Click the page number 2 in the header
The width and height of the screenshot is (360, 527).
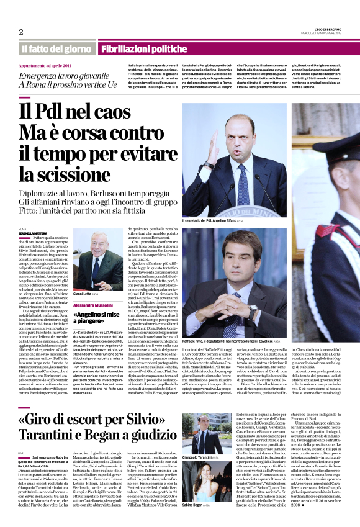pos(21,32)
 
